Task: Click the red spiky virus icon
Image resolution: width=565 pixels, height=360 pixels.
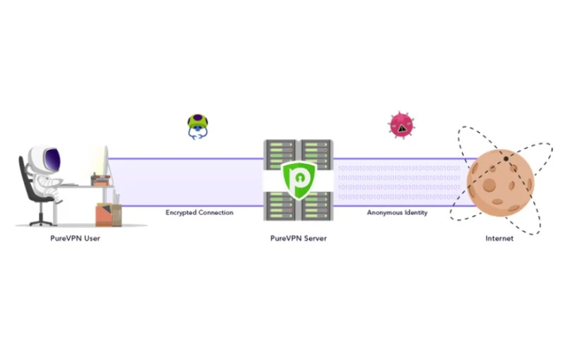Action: pyautogui.click(x=399, y=125)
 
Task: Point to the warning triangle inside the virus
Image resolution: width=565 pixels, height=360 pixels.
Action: pyautogui.click(x=402, y=128)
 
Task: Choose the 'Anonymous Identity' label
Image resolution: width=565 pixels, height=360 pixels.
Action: pyautogui.click(x=397, y=212)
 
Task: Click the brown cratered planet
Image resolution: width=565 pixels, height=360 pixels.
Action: pyautogui.click(x=500, y=182)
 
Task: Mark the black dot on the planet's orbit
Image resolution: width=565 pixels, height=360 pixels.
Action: pyautogui.click(x=506, y=159)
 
